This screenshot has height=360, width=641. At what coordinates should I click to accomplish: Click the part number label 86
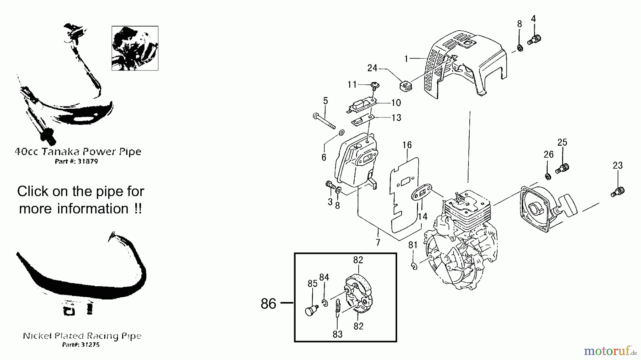pyautogui.click(x=269, y=304)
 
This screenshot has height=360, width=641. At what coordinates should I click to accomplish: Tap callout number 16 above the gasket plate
pyautogui.click(x=407, y=145)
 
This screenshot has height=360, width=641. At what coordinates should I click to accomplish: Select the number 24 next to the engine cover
pyautogui.click(x=372, y=68)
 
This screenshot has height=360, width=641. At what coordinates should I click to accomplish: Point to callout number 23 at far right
pyautogui.click(x=617, y=166)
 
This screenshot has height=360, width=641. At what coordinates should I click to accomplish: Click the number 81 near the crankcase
pyautogui.click(x=413, y=245)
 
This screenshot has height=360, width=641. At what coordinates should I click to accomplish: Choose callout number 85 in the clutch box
pyautogui.click(x=312, y=284)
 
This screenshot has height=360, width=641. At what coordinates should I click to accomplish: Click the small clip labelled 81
pyautogui.click(x=413, y=266)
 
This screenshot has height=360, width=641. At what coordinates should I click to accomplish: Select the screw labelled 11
pyautogui.click(x=374, y=85)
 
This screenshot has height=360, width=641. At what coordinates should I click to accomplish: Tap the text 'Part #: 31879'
pyautogui.click(x=77, y=161)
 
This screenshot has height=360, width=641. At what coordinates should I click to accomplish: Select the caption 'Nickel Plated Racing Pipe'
pyautogui.click(x=82, y=336)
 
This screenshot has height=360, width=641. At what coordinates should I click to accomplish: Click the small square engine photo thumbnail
pyautogui.click(x=135, y=48)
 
